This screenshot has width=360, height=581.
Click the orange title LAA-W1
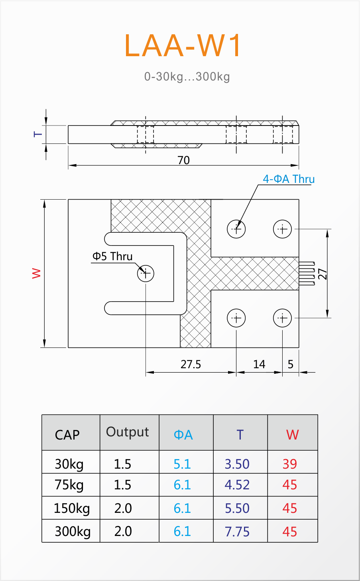[x=183, y=45]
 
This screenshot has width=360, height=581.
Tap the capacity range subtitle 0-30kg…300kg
[x=187, y=77]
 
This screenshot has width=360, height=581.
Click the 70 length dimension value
[x=183, y=160]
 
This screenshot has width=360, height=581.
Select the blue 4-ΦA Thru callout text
[x=289, y=179]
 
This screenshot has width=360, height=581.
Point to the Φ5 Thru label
[x=112, y=256]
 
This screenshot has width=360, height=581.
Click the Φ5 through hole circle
[x=146, y=273]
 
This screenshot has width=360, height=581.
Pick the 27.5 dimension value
[x=191, y=364]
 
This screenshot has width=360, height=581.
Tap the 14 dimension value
[x=259, y=364]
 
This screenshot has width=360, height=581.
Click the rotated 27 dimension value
[x=323, y=274]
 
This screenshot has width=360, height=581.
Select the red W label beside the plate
[x=36, y=273]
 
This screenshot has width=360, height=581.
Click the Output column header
[x=128, y=432]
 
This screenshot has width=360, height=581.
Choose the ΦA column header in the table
[x=183, y=435]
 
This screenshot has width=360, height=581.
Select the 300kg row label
[x=73, y=532]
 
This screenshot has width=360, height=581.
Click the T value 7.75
[x=237, y=532]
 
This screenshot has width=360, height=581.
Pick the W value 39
[x=290, y=464]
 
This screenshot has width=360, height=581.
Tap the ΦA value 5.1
[x=182, y=464]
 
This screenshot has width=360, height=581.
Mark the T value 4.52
[x=237, y=485]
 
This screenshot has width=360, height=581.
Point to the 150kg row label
[x=72, y=508]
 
